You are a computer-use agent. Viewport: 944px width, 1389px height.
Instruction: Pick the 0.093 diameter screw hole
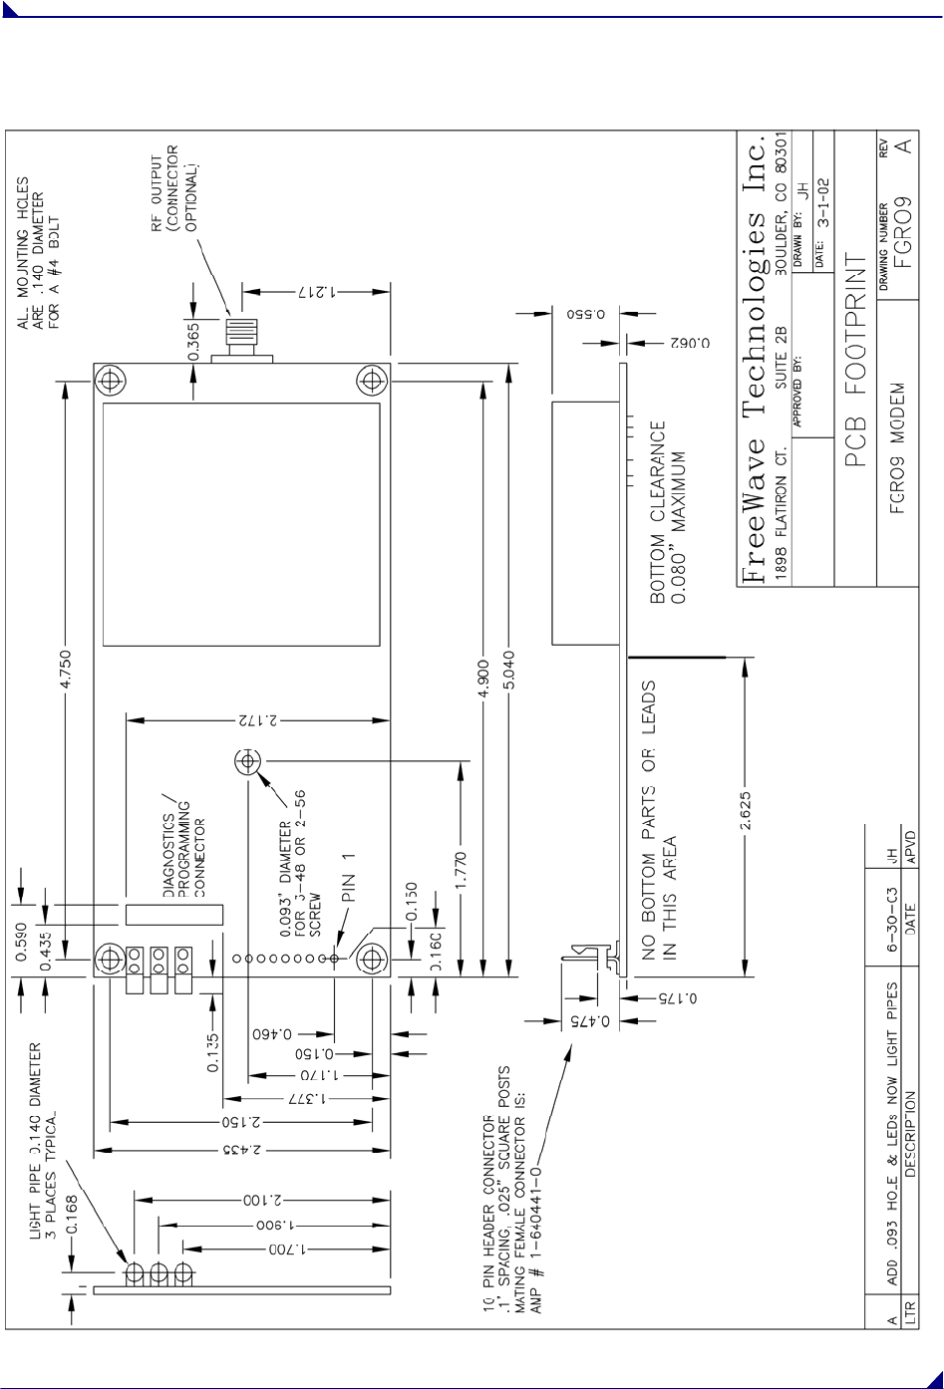246,763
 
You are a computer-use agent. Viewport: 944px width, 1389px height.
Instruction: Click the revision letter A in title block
903,145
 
